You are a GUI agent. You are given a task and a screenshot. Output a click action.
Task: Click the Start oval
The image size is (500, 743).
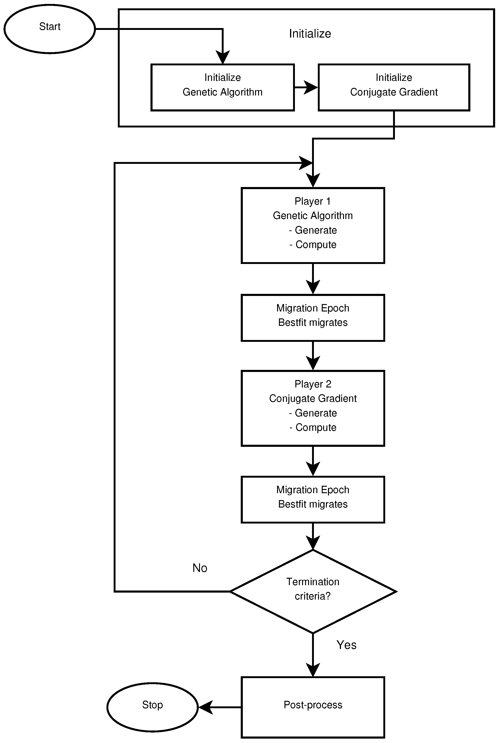click(x=50, y=29)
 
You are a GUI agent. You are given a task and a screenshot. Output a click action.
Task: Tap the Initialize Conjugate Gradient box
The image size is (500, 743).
click(x=394, y=87)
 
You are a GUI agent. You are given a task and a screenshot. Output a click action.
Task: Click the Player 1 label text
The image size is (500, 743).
click(x=312, y=201)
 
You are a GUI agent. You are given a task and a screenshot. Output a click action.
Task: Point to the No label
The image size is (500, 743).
click(x=200, y=568)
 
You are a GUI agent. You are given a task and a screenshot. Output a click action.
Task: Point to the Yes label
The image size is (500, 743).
click(x=346, y=645)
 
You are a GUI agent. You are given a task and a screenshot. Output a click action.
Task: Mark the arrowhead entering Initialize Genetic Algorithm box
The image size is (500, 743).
click(x=223, y=57)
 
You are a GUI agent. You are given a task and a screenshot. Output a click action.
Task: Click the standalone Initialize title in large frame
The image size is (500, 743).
click(x=310, y=34)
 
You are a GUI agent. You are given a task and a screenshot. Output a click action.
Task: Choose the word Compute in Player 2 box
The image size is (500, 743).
click(x=316, y=427)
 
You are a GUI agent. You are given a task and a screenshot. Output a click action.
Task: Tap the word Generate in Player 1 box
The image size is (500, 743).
click(x=316, y=230)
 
